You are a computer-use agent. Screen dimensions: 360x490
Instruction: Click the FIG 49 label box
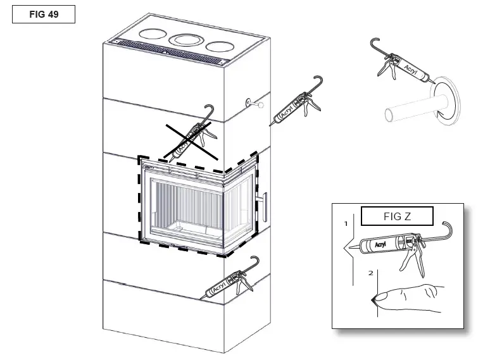tap(44, 14)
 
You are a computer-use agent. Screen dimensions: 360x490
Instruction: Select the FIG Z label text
tap(397, 216)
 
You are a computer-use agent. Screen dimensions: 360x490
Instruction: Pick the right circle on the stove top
tap(219, 46)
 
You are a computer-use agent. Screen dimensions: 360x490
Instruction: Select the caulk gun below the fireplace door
tap(230, 282)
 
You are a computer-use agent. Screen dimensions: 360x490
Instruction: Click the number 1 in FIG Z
tap(346, 224)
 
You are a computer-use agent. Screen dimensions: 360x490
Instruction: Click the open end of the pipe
tap(387, 115)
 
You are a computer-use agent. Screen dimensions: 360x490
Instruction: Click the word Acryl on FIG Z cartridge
tap(380, 243)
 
